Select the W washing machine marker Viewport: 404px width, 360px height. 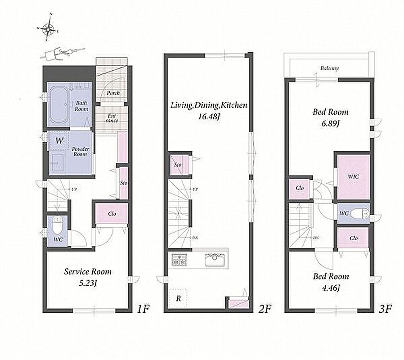pos(59,141)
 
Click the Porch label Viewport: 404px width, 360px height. pos(113,93)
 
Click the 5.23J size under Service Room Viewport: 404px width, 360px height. pos(88,283)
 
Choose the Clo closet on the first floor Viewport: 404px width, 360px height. pos(112,214)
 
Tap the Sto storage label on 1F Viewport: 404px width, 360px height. pos(124,183)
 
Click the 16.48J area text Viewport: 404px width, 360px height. pos(209,116)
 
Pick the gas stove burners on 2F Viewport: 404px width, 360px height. pos(180,260)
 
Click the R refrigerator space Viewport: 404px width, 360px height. pos(178,298)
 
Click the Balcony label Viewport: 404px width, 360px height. pos(329,68)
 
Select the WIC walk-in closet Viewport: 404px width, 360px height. pos(353,177)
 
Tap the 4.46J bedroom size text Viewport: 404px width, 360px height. pos(331,288)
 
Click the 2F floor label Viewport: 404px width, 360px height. pos(265,308)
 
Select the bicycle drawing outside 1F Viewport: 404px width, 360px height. pos(60,53)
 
